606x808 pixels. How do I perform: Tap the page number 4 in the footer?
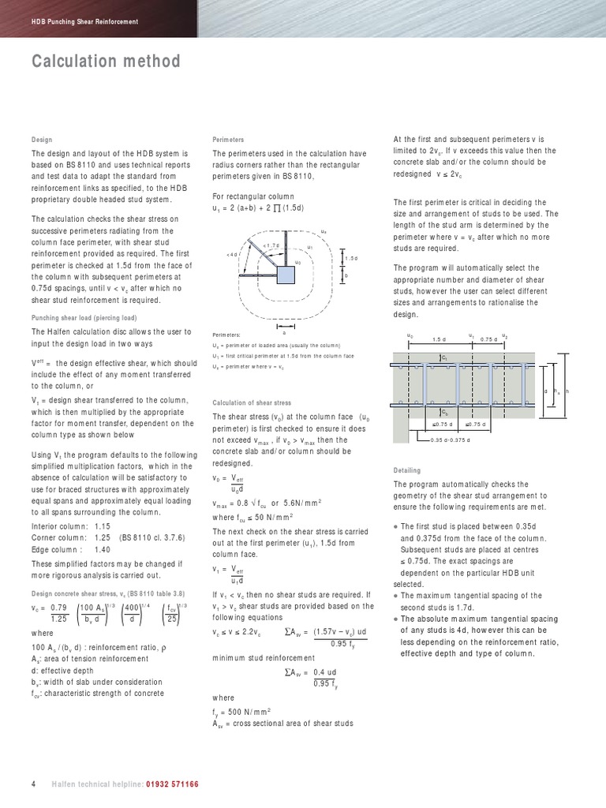[33, 784]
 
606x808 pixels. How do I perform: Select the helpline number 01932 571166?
[172, 784]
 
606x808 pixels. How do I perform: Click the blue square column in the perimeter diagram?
[286, 274]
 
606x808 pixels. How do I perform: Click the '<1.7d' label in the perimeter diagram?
[271, 244]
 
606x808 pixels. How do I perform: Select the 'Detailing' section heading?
[406, 470]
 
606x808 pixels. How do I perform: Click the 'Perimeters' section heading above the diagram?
[228, 139]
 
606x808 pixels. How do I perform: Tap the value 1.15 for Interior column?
[103, 526]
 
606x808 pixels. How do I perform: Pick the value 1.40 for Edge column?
[103, 550]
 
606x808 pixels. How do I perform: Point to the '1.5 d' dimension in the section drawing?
[440, 339]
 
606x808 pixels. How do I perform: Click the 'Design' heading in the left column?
[42, 139]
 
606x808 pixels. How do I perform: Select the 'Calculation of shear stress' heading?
[252, 402]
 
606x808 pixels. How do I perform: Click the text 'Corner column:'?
[58, 537]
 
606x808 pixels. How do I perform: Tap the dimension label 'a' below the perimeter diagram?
[284, 332]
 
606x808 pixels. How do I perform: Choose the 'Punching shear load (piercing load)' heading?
[88, 318]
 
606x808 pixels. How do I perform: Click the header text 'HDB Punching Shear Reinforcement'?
[84, 21]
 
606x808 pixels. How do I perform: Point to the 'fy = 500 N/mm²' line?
[242, 711]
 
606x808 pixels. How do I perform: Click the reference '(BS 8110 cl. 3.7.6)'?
[151, 537]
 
